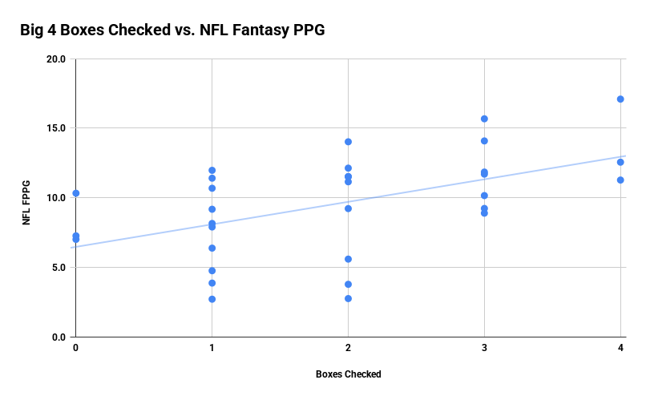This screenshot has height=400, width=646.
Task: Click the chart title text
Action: tap(172, 30)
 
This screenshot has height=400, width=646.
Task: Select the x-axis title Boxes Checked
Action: tap(348, 374)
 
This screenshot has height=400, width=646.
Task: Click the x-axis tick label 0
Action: tap(75, 347)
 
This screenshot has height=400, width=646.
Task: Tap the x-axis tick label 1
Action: tap(212, 347)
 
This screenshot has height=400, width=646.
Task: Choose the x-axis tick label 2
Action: tap(348, 347)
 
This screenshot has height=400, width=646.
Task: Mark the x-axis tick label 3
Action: tap(484, 347)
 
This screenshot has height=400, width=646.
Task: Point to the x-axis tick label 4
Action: tap(620, 347)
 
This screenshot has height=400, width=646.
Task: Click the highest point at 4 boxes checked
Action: tap(620, 99)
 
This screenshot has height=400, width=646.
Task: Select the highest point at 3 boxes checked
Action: tap(484, 119)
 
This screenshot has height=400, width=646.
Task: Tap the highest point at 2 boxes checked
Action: tap(348, 142)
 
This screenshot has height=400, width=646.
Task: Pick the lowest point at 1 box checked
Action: tap(212, 299)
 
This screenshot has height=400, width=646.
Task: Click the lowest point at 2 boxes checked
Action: tap(348, 298)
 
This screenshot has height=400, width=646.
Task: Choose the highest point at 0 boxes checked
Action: tap(75, 193)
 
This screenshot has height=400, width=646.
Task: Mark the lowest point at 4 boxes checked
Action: tap(620, 180)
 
